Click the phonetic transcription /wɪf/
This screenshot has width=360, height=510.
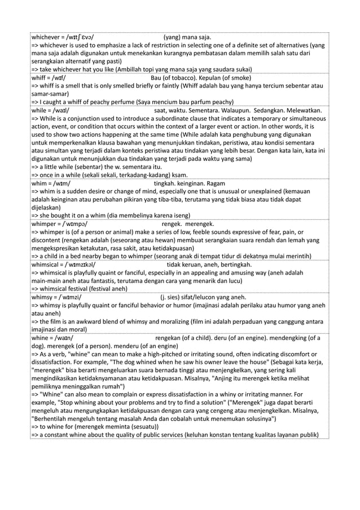tap(59, 78)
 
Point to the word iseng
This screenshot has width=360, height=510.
tap(178, 215)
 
